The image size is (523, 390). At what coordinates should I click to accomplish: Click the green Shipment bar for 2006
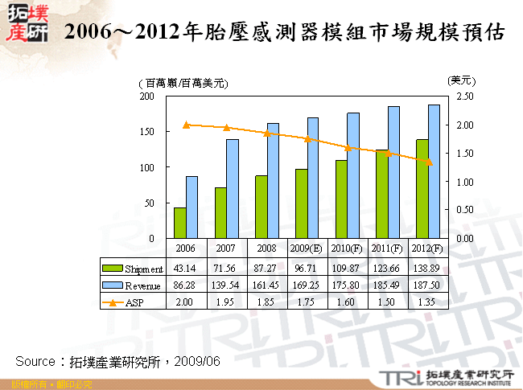click(x=179, y=223)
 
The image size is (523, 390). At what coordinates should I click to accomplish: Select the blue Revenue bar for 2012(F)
click(x=434, y=171)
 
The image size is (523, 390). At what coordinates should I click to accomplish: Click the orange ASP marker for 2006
click(x=186, y=125)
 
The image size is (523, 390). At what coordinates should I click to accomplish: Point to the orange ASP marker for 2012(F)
click(x=428, y=162)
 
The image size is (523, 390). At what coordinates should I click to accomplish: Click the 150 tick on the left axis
click(x=147, y=131)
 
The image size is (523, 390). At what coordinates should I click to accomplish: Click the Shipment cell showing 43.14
click(x=186, y=269)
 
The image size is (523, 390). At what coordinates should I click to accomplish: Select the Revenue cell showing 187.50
click(x=427, y=285)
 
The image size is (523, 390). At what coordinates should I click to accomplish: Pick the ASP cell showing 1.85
click(x=266, y=302)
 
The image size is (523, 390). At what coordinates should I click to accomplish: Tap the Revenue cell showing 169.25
click(x=307, y=285)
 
